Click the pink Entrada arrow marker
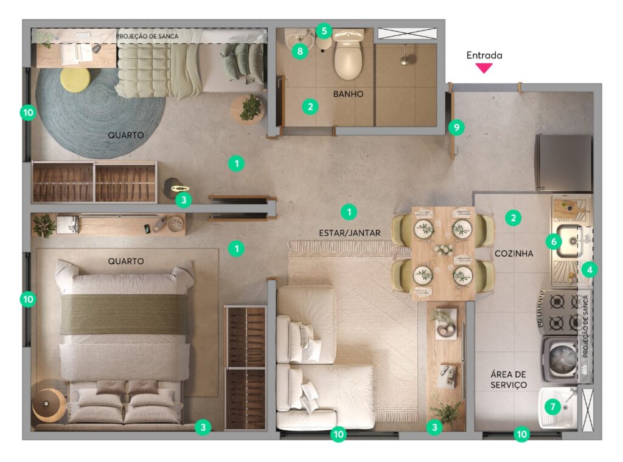click(484, 68)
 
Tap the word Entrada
click(484, 55)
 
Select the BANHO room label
click(348, 94)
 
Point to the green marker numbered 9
click(456, 128)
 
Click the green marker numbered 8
click(299, 51)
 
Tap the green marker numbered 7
click(552, 407)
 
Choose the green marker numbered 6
click(554, 241)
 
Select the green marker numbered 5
click(324, 30)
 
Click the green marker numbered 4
click(590, 270)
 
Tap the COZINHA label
click(513, 253)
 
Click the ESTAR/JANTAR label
click(350, 233)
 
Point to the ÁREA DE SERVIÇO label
click(509, 379)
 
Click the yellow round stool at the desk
click(75, 80)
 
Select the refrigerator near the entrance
click(564, 163)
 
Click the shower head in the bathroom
click(405, 61)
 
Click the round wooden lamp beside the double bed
click(49, 404)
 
